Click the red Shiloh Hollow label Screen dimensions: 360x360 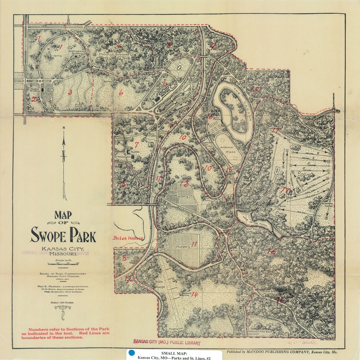coord(127,238)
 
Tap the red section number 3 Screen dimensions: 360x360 coord(70,93)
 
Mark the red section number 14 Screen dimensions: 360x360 coord(194,295)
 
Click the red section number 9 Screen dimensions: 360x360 coord(213,45)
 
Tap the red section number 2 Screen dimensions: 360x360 coord(34,99)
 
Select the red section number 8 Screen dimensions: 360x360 coord(124,258)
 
